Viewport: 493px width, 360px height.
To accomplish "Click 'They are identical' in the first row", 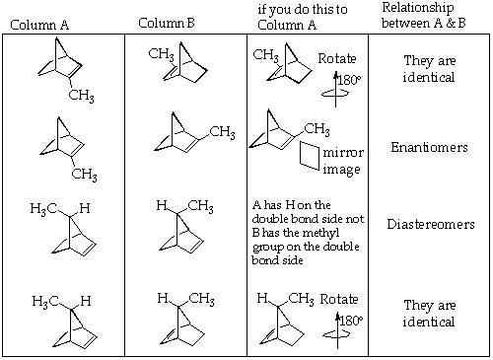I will pos(428,67).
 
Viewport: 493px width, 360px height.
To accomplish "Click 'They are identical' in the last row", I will pos(428,314).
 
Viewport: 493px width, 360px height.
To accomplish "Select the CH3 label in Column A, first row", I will pos(81,95).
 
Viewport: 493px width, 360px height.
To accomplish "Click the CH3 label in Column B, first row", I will pos(162,53).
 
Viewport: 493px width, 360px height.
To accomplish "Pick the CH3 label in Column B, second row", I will pos(222,132).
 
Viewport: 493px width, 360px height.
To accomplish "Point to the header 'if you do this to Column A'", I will pos(299,16).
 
